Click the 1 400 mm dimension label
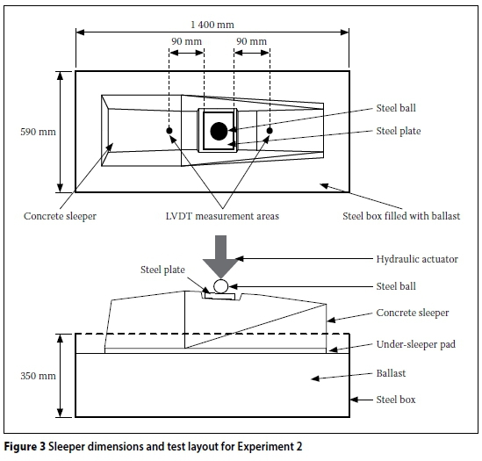click(x=212, y=25)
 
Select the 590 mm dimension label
click(x=38, y=132)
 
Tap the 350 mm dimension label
click(x=38, y=376)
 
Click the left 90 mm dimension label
click(x=187, y=41)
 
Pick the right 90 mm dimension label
click(x=251, y=41)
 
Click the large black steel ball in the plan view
click(x=219, y=131)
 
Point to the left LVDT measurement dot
click(x=169, y=131)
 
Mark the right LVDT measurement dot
click(x=270, y=131)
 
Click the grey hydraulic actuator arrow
click(x=220, y=256)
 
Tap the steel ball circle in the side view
click(x=220, y=286)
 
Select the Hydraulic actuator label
click(x=417, y=259)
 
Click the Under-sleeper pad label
click(x=416, y=344)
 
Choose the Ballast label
click(x=391, y=373)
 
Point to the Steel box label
click(x=396, y=400)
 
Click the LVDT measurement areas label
click(x=222, y=216)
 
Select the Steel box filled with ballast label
click(x=401, y=216)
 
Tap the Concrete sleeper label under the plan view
click(x=60, y=216)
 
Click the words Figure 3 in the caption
click(x=25, y=446)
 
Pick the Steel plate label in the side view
click(x=162, y=270)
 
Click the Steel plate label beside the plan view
click(x=399, y=131)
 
